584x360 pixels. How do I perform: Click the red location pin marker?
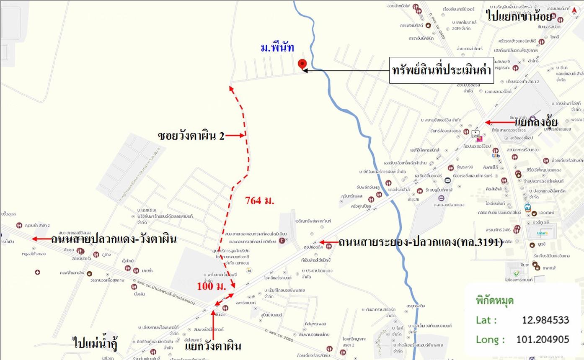click(302, 64)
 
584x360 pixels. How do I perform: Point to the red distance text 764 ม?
click(259, 201)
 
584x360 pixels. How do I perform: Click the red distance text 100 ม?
click(212, 287)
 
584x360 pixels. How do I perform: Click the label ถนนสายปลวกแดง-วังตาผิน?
click(114, 239)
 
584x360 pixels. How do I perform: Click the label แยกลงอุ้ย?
click(536, 122)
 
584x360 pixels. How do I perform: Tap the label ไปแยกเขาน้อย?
click(519, 16)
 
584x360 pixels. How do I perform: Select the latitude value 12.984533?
click(545, 320)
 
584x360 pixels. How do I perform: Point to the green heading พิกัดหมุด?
click(494, 301)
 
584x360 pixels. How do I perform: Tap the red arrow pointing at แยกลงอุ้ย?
click(499, 122)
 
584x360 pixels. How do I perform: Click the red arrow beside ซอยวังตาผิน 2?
click(236, 135)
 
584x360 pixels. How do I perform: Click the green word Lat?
click(486, 320)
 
